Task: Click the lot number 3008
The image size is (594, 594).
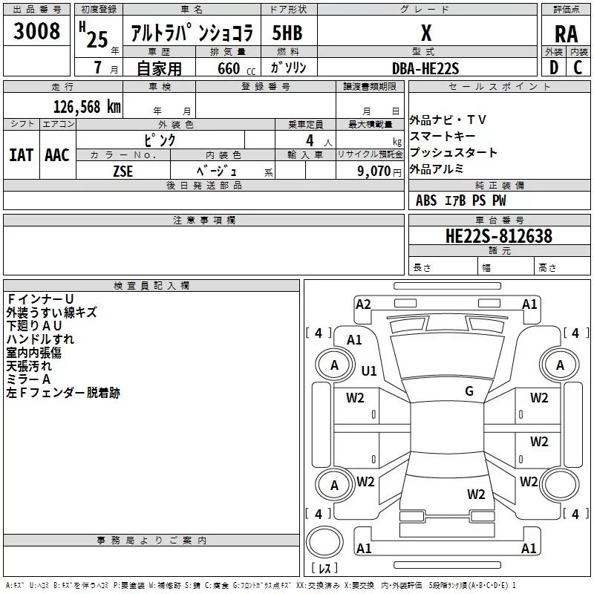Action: click(37, 32)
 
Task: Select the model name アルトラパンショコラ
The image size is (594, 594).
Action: click(192, 33)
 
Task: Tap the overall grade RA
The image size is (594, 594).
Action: click(566, 33)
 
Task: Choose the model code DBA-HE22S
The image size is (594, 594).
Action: click(425, 68)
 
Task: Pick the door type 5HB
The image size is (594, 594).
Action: click(287, 33)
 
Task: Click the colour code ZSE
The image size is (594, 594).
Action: click(123, 170)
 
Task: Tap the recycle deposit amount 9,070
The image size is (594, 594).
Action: click(374, 170)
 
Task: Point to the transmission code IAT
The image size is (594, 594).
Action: click(21, 155)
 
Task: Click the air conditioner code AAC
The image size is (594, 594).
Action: click(57, 155)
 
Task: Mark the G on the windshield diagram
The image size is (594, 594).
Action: click(469, 391)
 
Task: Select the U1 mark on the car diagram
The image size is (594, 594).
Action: click(369, 371)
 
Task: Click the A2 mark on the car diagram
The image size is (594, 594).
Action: click(363, 304)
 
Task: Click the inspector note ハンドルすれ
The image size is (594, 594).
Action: click(40, 339)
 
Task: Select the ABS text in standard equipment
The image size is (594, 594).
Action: click(426, 200)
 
